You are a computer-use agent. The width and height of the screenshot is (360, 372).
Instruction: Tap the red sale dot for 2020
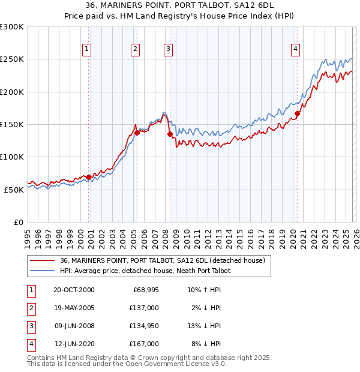click(x=297, y=113)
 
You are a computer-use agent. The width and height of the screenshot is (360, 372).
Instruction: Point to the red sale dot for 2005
click(x=137, y=133)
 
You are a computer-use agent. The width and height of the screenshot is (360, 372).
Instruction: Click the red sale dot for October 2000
click(x=89, y=177)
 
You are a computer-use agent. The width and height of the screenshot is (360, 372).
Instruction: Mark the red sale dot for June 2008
click(x=170, y=134)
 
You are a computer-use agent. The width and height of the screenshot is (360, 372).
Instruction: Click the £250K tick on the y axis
click(x=12, y=59)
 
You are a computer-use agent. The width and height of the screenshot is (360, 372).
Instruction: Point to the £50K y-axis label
click(x=14, y=190)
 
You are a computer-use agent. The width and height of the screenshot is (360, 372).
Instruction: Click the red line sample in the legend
click(x=43, y=260)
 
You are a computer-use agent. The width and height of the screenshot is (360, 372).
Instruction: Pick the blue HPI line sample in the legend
click(x=43, y=271)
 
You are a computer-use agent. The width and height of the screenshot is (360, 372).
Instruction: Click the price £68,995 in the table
click(x=144, y=290)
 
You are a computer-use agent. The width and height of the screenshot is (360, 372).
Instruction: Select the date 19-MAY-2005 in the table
click(x=74, y=308)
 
